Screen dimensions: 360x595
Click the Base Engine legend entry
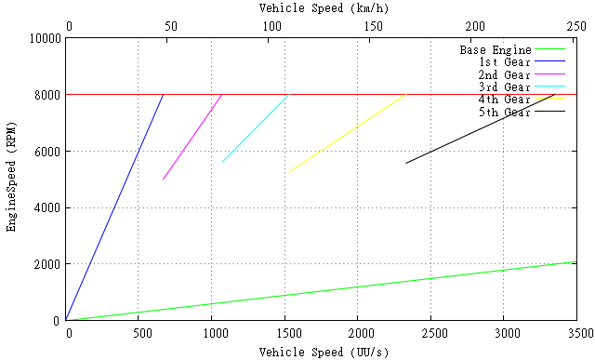[496, 49]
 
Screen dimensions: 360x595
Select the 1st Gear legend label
[504, 62]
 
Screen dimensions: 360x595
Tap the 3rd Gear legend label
[504, 87]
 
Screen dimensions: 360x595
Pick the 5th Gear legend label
[504, 113]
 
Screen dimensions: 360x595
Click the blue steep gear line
[114, 207]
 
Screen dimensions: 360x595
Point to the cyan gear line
[256, 128]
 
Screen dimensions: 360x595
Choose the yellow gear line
[347, 133]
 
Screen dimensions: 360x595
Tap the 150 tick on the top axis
[373, 25]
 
